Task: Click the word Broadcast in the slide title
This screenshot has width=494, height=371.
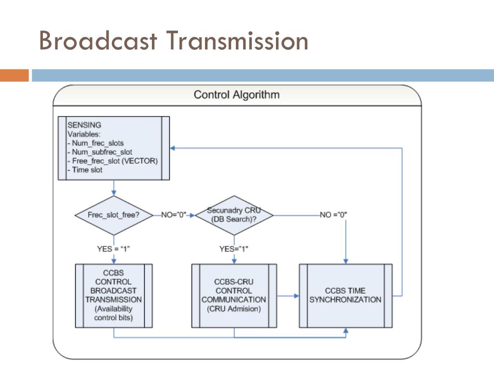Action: click(x=98, y=41)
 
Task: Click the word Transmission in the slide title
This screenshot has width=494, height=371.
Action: click(x=237, y=41)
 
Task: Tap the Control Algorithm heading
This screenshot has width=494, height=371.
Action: click(x=236, y=95)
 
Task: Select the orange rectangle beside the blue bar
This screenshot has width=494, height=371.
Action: click(x=14, y=75)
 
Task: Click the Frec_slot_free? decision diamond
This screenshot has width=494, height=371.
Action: click(x=114, y=215)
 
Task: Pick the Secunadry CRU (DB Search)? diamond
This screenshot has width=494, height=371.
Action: click(x=234, y=215)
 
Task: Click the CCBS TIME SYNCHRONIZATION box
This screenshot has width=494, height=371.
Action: click(x=345, y=296)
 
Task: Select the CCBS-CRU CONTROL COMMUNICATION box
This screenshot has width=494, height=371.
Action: click(x=234, y=296)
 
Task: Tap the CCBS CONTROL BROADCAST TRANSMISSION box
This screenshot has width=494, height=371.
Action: click(x=114, y=296)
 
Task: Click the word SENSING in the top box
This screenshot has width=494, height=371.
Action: click(x=84, y=125)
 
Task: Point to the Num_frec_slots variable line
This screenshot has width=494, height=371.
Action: click(x=96, y=143)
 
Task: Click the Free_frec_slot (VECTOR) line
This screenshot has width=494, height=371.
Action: click(x=112, y=161)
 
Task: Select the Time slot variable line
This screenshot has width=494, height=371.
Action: click(x=85, y=170)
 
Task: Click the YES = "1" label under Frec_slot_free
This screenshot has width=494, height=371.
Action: click(x=113, y=249)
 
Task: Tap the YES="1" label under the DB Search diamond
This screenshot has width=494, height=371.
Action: click(x=234, y=249)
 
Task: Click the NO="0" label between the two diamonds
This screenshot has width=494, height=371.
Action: click(x=174, y=215)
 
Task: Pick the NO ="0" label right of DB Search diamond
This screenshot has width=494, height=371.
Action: click(x=333, y=215)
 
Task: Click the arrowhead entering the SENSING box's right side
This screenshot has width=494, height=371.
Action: click(x=172, y=148)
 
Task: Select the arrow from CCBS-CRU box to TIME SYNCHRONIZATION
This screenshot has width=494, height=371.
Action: click(x=288, y=296)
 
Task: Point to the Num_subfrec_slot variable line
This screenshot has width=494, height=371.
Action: click(x=99, y=152)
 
